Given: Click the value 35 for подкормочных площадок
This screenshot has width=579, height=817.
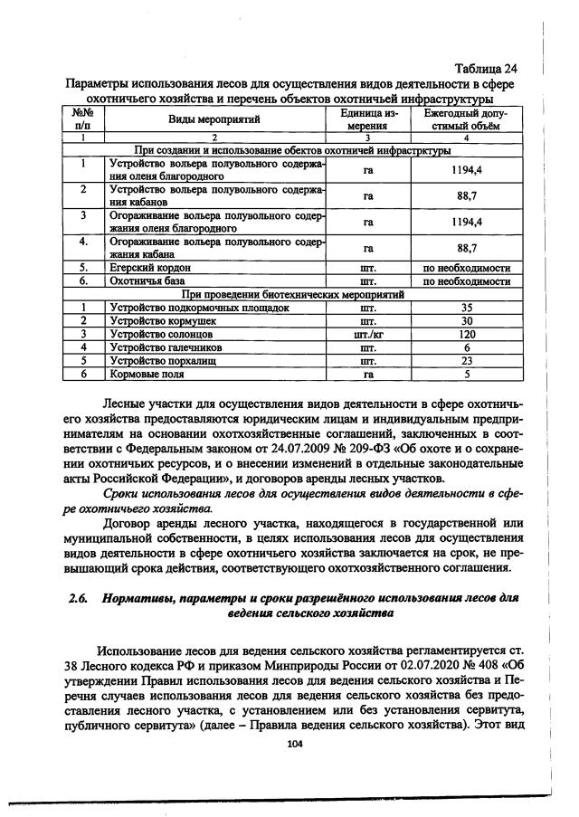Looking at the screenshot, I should [x=467, y=308].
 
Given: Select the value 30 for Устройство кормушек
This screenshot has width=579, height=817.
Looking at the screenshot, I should [x=467, y=320].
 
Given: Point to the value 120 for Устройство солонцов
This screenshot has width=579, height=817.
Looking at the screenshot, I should [x=467, y=334].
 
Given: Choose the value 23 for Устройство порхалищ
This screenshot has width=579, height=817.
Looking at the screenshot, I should [x=467, y=359].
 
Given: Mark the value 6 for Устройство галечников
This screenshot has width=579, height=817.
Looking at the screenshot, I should [x=467, y=347].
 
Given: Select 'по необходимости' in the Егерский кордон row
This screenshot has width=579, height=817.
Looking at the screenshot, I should [x=467, y=269].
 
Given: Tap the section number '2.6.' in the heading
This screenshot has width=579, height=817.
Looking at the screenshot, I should [x=79, y=599].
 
